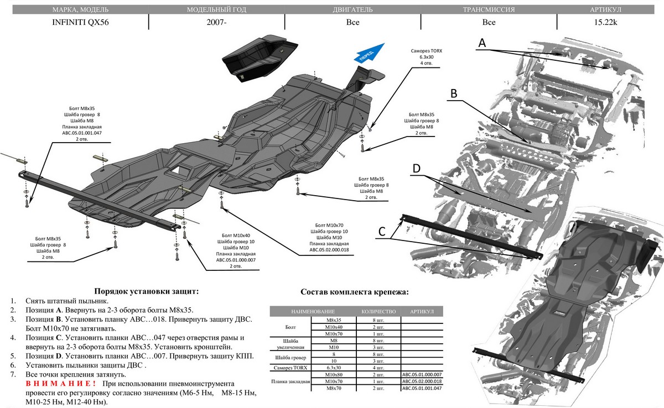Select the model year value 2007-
click(x=216, y=23)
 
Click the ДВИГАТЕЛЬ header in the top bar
click(x=352, y=10)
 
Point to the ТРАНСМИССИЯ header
click(x=488, y=10)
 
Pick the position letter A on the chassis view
click(x=482, y=43)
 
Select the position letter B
click(x=453, y=93)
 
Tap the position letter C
click(x=383, y=232)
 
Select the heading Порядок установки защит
click(x=146, y=291)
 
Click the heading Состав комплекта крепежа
click(x=355, y=292)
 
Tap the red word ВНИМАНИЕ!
click(x=61, y=383)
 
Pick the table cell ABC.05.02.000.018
click(x=423, y=381)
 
